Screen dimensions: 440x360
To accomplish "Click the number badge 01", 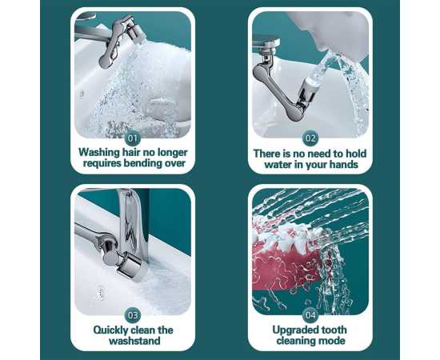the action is coord(133,138).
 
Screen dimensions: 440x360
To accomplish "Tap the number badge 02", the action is coord(310,138).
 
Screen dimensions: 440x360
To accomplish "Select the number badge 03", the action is coord(133,315).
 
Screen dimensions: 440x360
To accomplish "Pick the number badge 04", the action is coord(310,315).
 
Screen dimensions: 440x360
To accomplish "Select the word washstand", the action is coord(134,341).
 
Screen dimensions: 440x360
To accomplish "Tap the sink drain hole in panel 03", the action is coord(100,293).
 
